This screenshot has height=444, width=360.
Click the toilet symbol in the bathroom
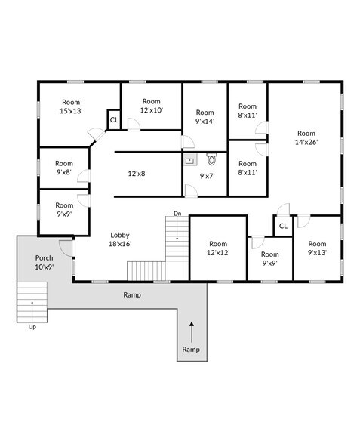click(x=212, y=159)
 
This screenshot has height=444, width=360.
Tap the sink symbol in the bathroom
click(x=189, y=160)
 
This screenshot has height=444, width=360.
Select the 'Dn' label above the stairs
click(x=177, y=213)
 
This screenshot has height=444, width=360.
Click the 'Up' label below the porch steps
click(x=32, y=327)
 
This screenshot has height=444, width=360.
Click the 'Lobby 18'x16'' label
click(x=121, y=239)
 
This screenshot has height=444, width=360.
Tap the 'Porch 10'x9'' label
click(x=44, y=262)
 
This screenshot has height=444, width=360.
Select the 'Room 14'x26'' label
click(x=306, y=137)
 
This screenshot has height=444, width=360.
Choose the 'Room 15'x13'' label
click(x=71, y=106)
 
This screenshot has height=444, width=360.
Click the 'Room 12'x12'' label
click(x=218, y=248)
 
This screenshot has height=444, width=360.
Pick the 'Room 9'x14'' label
click(x=205, y=116)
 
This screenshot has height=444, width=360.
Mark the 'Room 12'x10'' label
click(x=152, y=106)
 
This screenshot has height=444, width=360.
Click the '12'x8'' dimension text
click(x=137, y=173)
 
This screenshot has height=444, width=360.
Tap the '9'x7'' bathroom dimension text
click(x=208, y=176)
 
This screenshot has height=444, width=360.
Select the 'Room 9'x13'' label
click(x=317, y=248)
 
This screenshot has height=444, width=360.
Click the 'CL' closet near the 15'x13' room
click(x=114, y=119)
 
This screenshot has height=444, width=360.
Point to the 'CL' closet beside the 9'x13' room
click(x=283, y=226)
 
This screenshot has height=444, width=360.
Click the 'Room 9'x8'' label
click(x=63, y=167)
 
